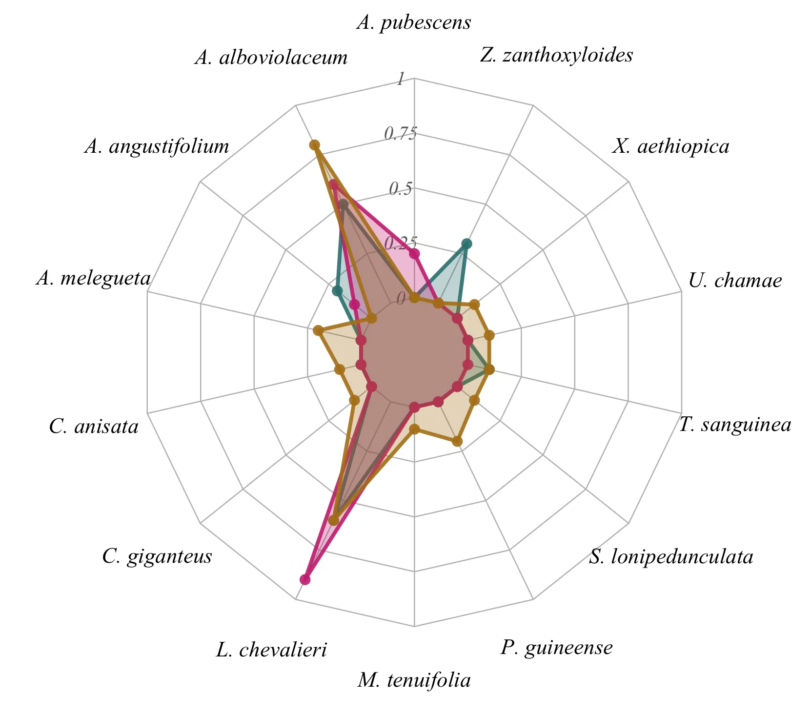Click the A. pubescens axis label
(x=414, y=22)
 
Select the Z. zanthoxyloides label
(x=556, y=55)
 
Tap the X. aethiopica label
(x=671, y=146)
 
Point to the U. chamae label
(x=735, y=281)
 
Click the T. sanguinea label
(x=735, y=425)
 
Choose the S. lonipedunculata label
(x=671, y=556)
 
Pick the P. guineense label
(x=556, y=648)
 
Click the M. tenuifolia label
(x=414, y=680)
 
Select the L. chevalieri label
(x=271, y=650)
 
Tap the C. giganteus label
(x=157, y=556)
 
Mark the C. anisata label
(x=94, y=427)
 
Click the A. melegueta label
(x=93, y=278)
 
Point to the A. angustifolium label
(x=157, y=146)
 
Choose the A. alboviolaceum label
(x=271, y=58)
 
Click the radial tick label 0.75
(x=401, y=133)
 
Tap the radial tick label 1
(x=401, y=79)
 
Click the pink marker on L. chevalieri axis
(x=305, y=579)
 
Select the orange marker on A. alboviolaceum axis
(x=314, y=145)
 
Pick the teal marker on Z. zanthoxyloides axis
(x=466, y=244)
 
